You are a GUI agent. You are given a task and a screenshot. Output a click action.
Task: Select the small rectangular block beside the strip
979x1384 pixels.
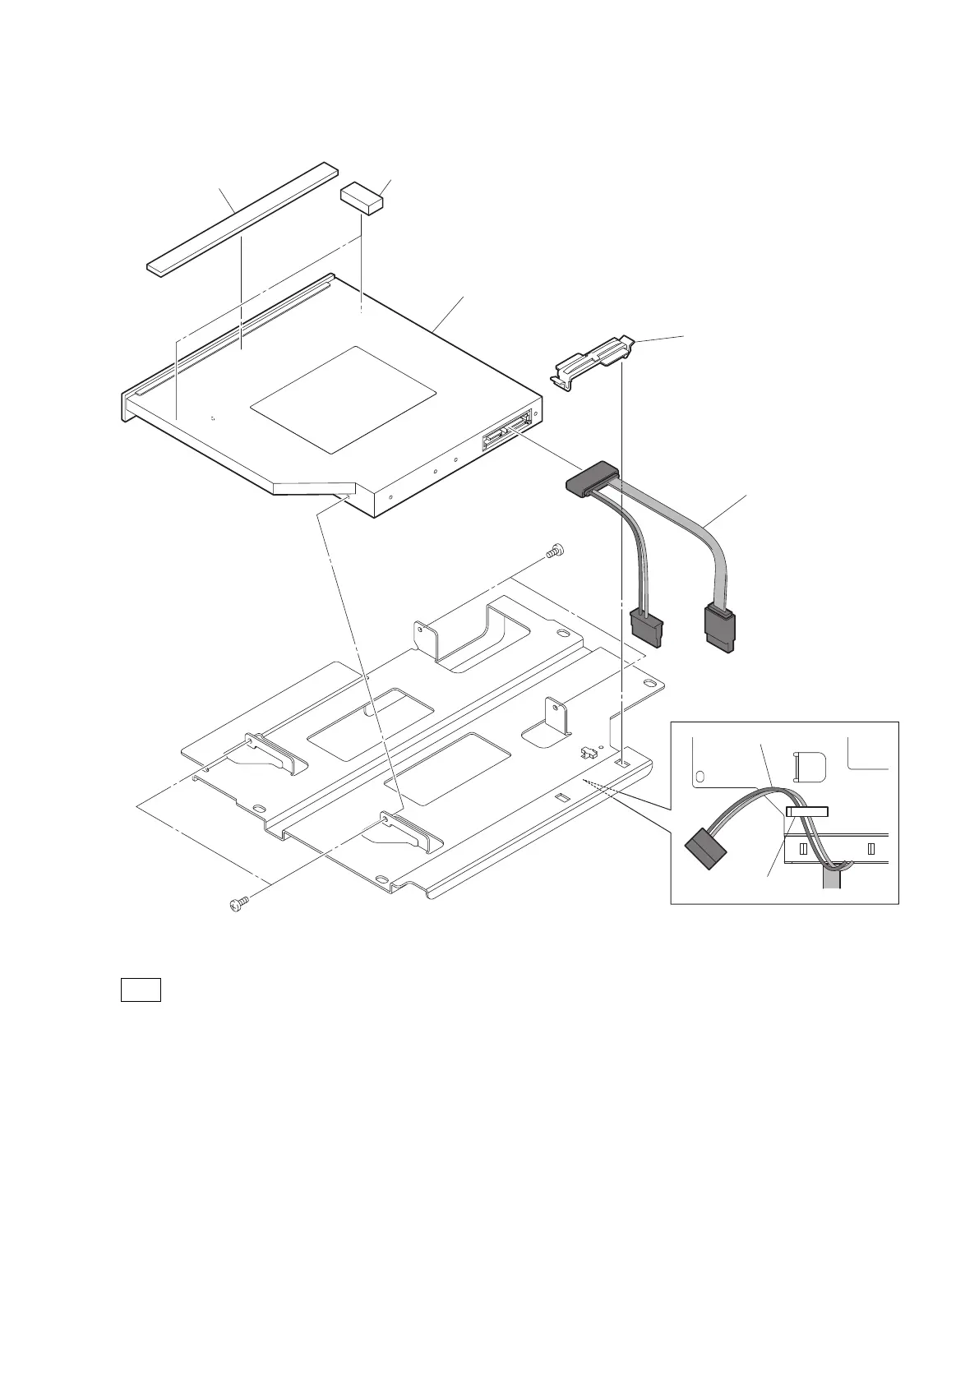363,198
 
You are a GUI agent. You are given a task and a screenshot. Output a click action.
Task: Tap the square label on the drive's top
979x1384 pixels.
342,399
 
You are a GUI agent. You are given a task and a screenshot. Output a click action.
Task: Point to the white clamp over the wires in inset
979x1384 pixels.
807,811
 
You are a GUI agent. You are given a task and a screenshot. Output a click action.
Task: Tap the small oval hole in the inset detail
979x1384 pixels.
700,775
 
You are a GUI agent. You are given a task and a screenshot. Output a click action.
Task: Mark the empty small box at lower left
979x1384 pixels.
141,990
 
